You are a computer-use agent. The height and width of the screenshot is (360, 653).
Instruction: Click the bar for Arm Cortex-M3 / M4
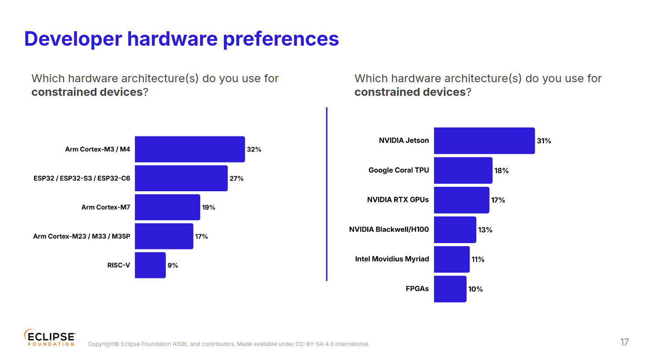click(x=190, y=149)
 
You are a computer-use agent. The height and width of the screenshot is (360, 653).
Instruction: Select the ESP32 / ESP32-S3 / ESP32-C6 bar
click(x=181, y=178)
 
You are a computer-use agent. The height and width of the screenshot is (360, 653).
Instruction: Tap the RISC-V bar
click(x=150, y=265)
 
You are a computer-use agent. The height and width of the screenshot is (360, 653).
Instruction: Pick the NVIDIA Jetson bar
click(x=484, y=141)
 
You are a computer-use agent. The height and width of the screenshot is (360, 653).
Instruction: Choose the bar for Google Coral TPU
click(x=463, y=171)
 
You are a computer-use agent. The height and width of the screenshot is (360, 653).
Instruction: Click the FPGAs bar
click(x=450, y=289)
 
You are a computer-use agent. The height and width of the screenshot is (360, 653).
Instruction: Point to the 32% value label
click(x=254, y=149)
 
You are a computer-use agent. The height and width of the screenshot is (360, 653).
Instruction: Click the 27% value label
click(x=236, y=178)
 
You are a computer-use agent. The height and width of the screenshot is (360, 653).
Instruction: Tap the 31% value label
click(x=544, y=141)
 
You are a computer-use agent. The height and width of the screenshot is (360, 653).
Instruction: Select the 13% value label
click(x=485, y=230)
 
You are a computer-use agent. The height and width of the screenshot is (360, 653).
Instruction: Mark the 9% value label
click(x=172, y=265)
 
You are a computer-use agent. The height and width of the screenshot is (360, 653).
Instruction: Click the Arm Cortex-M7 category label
click(x=106, y=207)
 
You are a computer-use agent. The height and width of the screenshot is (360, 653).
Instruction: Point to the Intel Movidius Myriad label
click(x=392, y=259)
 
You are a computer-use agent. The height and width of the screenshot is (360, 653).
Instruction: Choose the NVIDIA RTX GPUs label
click(x=398, y=200)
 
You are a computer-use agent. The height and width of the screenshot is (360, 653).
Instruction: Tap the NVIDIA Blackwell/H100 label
click(x=389, y=229)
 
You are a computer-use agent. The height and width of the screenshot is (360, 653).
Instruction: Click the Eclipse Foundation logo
click(x=50, y=338)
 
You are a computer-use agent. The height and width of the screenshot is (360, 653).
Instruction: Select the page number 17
click(x=624, y=342)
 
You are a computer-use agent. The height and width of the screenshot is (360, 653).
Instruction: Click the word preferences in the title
click(x=281, y=39)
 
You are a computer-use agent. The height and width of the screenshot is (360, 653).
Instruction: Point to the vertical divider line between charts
click(x=327, y=194)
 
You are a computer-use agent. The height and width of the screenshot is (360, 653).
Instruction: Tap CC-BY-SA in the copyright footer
click(x=310, y=344)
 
